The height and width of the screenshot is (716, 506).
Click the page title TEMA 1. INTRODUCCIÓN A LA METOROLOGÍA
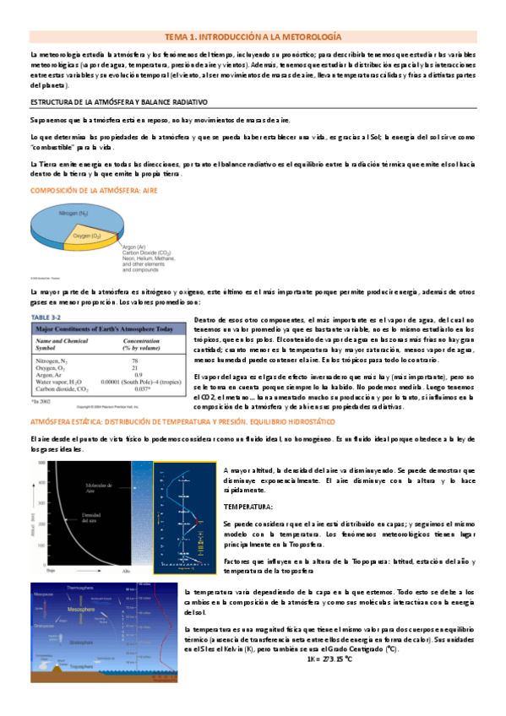253,38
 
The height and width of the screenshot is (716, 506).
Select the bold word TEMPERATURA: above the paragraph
248,507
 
